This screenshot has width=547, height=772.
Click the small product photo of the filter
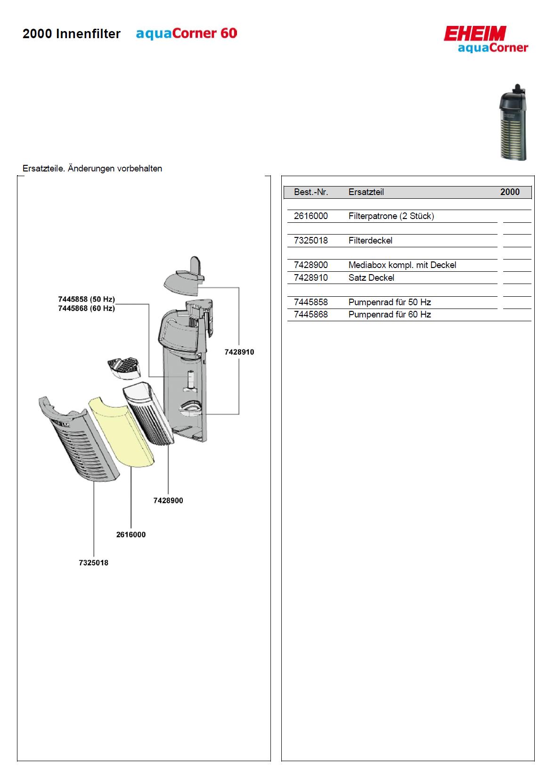[x=513, y=122]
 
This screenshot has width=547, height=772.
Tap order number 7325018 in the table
[x=310, y=241]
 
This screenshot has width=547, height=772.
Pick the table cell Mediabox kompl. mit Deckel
[x=402, y=265]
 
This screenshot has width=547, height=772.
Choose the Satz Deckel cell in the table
[x=371, y=278]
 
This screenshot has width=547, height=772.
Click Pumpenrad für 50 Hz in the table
[x=390, y=302]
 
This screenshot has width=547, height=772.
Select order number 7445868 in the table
[x=310, y=315]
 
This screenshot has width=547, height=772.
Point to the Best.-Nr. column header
[x=311, y=192]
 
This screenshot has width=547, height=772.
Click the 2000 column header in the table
[x=510, y=192]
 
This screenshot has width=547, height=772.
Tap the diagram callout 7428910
[x=239, y=352]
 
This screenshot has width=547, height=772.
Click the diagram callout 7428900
[x=168, y=501]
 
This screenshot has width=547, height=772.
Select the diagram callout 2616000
[x=131, y=535]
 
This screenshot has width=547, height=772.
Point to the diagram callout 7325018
[x=93, y=563]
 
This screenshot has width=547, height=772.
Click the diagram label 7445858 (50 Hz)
[x=86, y=300]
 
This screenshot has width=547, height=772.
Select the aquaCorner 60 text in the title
[x=187, y=34]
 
